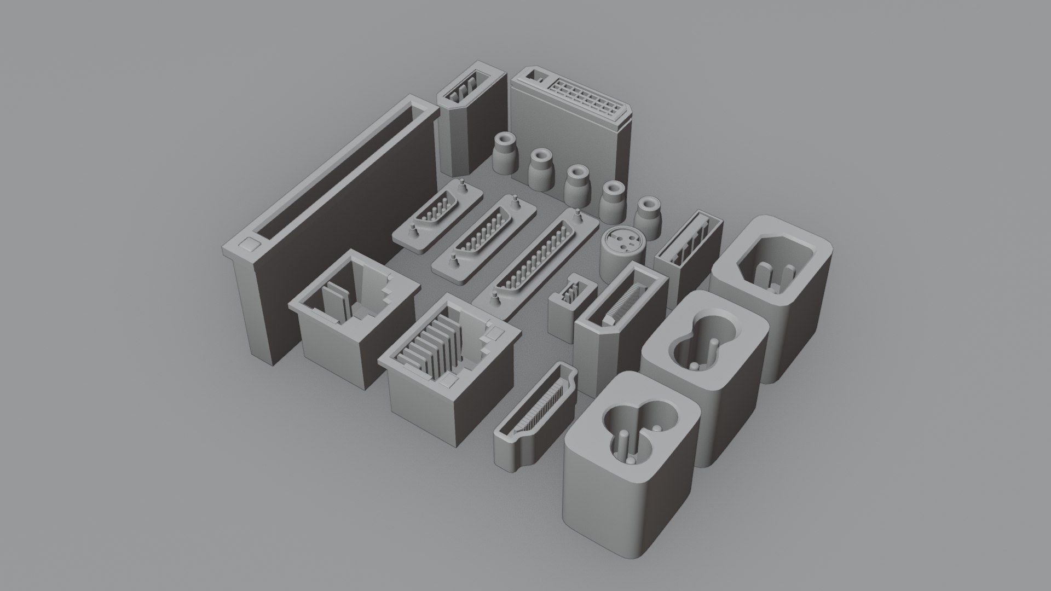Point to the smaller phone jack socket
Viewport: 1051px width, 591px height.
(350, 317)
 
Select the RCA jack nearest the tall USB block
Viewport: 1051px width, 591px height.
(504, 153)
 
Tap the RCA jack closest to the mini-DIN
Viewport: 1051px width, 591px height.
(649, 215)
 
